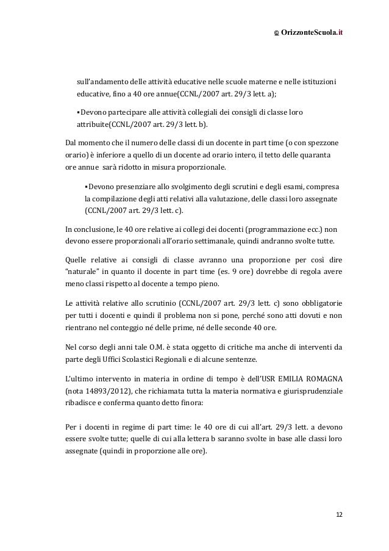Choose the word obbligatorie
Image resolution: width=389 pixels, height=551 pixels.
tap(318, 303)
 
